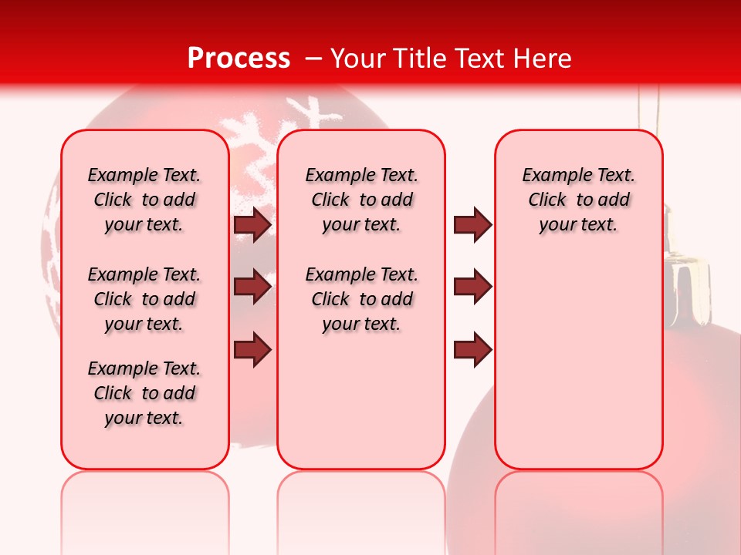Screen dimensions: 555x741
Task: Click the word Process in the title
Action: [x=239, y=59]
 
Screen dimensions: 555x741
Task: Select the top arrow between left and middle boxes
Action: [x=252, y=225]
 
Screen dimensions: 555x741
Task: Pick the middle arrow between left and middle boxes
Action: [x=252, y=288]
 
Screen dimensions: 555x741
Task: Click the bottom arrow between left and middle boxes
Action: [x=252, y=349]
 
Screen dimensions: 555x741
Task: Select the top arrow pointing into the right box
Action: [x=472, y=225]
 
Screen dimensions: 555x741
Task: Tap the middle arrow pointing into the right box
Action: [x=472, y=288]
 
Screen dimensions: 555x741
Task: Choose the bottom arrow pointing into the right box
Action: [x=472, y=349]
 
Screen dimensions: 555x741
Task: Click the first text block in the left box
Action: [x=144, y=200]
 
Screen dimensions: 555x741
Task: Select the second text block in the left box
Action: [x=144, y=299]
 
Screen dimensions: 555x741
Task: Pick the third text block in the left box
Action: [x=144, y=393]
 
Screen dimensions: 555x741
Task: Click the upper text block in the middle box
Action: [x=362, y=200]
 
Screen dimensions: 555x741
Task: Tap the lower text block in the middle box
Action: [x=362, y=299]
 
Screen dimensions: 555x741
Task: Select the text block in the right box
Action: [x=579, y=200]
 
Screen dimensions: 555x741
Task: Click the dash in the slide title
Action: [x=314, y=59]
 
